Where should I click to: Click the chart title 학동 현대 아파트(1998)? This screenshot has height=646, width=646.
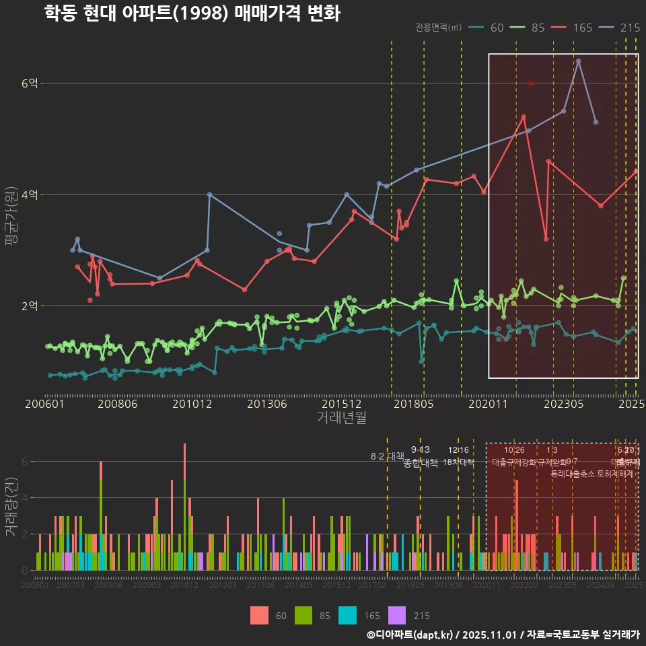(192, 13)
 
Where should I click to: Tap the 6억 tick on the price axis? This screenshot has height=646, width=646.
(30, 83)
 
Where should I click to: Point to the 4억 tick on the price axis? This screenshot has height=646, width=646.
(30, 194)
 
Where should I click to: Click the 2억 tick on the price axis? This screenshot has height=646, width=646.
(30, 306)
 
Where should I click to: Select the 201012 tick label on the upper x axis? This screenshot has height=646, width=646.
(192, 404)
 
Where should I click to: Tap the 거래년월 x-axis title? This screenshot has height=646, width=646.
(341, 418)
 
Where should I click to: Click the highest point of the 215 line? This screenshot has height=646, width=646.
(578, 61)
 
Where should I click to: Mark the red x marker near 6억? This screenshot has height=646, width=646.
(531, 83)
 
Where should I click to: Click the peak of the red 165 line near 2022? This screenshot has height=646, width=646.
(524, 117)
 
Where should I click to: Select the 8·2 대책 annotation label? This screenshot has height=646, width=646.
(387, 456)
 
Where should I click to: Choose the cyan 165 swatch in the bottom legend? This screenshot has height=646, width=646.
(347, 615)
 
